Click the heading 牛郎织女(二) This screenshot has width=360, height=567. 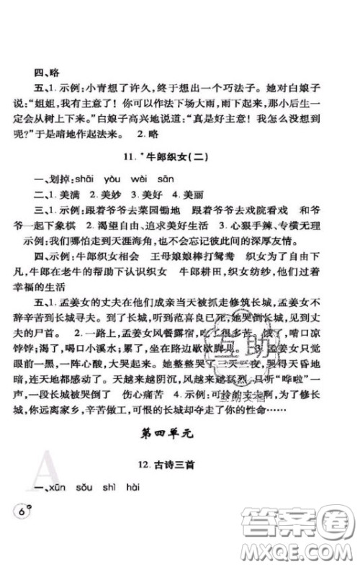coord(184,161)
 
